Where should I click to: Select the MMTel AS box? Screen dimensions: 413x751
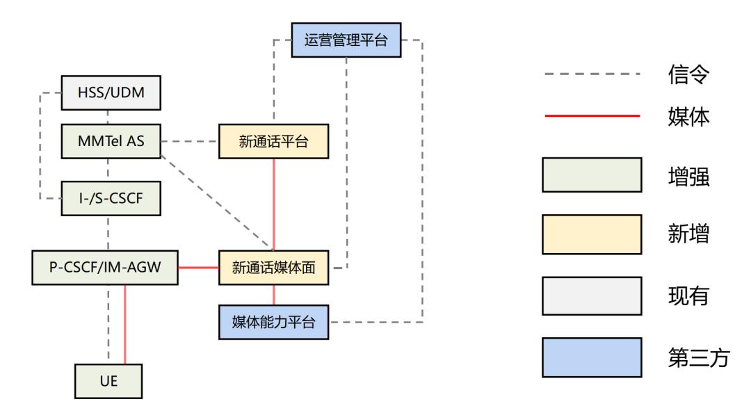111,141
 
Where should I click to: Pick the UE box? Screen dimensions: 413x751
109,381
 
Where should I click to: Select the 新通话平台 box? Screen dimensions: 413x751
273,141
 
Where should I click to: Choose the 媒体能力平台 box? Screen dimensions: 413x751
273,322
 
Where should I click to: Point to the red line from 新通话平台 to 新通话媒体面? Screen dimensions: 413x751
273,205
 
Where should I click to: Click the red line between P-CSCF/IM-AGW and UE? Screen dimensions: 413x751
125,324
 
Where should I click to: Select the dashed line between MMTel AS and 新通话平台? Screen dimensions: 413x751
190,141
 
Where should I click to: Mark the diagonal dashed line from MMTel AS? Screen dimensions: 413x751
216,196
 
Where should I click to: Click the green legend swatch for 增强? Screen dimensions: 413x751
591,175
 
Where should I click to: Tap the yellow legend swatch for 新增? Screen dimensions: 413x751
591,234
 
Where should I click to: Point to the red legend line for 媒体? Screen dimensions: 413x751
591,117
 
